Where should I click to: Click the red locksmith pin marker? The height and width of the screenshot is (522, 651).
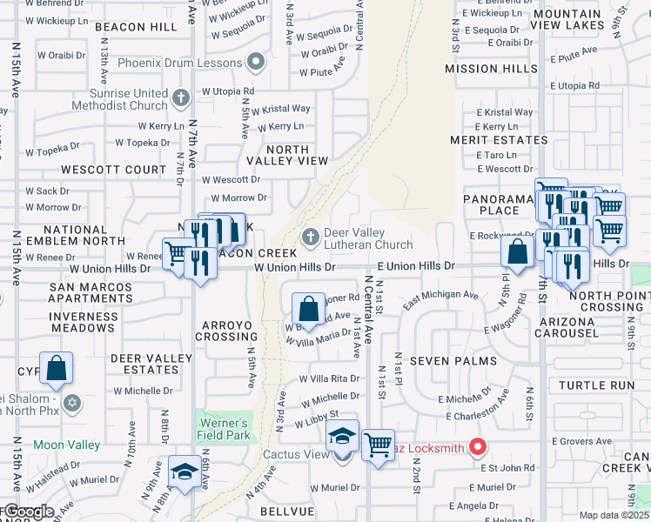pyautogui.click(x=478, y=447)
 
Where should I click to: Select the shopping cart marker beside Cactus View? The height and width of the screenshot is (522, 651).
pyautogui.click(x=378, y=445)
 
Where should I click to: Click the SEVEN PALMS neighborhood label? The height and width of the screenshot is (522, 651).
pyautogui.click(x=453, y=360)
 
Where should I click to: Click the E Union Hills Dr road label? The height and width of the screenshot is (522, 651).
pyautogui.click(x=415, y=266)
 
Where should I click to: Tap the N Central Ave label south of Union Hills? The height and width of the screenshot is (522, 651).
pyautogui.click(x=369, y=310)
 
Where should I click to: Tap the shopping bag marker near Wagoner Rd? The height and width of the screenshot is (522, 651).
pyautogui.click(x=308, y=307)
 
